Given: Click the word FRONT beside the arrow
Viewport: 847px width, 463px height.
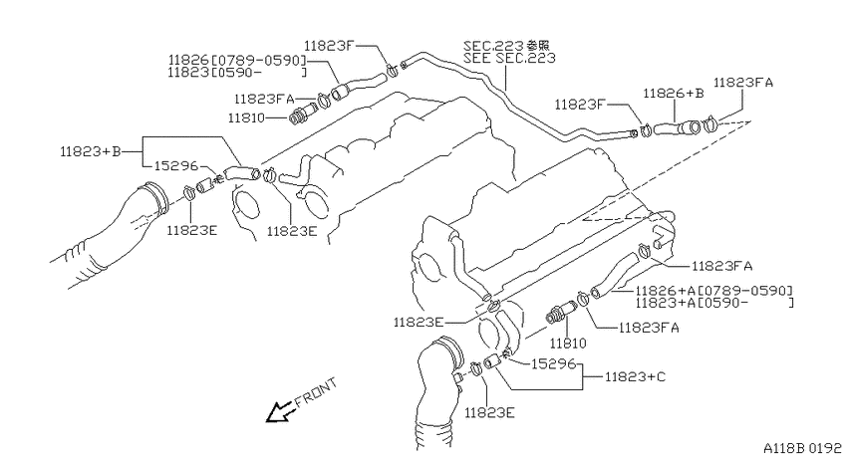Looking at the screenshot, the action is tap(316, 392).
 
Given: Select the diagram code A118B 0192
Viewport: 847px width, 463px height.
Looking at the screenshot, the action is tap(802, 448).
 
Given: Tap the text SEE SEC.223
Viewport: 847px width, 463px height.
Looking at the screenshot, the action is tap(509, 58).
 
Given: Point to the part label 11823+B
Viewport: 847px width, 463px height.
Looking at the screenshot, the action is tap(91, 151).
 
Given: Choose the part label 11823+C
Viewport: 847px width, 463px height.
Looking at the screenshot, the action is tap(635, 376).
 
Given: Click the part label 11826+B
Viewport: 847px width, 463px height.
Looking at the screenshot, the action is tap(673, 94).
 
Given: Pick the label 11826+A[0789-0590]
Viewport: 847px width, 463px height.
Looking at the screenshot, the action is tap(713, 291).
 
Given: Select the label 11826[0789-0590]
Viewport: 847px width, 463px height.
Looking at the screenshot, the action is tap(237, 60).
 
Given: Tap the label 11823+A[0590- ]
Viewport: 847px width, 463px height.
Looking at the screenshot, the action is tap(714, 304).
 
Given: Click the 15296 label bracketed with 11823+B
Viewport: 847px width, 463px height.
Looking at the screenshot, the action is tap(176, 165).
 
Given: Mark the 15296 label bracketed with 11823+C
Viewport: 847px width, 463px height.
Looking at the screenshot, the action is tap(553, 363).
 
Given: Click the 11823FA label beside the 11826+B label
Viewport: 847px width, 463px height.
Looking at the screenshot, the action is tap(742, 83).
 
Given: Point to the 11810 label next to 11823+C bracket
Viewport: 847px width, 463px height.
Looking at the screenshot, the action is tap(568, 344).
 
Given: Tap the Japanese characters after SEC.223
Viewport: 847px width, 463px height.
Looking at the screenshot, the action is tap(539, 45).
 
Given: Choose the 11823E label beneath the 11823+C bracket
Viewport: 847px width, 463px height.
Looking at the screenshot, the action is tap(489, 413).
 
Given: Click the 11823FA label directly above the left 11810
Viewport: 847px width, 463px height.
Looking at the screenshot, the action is tap(264, 99).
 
